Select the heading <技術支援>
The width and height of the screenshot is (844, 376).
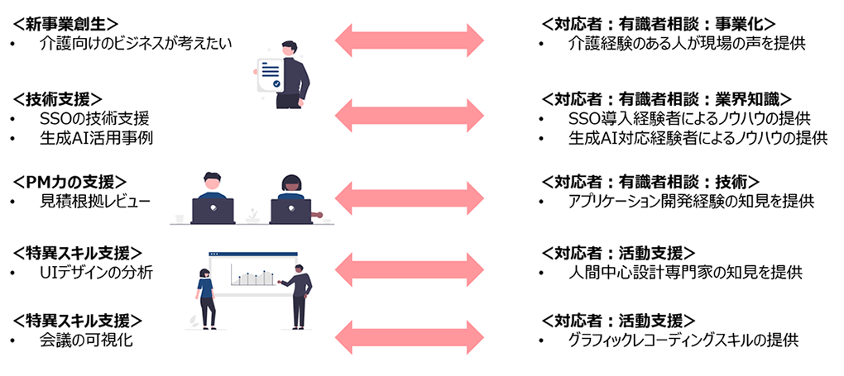57,98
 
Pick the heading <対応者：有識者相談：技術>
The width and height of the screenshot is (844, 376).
650,181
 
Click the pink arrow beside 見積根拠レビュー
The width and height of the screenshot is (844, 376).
409,198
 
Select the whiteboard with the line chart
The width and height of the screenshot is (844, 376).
247,274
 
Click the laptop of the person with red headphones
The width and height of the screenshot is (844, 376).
290,211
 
